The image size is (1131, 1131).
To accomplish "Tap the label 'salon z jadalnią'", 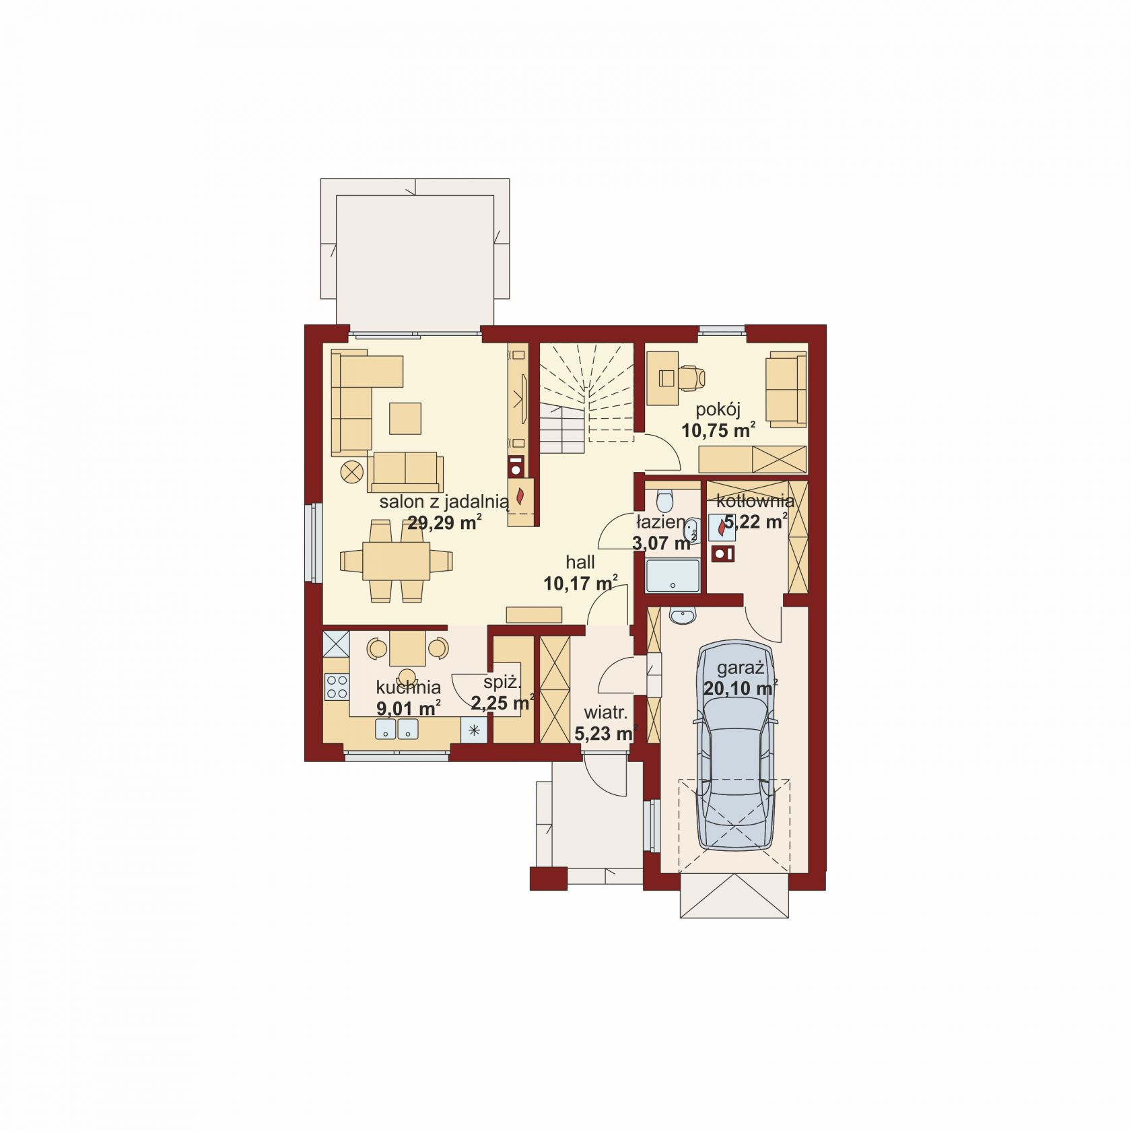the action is (444, 502).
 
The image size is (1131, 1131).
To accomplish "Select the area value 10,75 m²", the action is (718, 430).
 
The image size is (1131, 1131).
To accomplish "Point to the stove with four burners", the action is (337, 686).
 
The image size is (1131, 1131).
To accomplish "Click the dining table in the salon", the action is (396, 561).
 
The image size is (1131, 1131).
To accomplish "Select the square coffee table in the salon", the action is (405, 418).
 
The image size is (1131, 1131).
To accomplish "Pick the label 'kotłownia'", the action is (755, 501).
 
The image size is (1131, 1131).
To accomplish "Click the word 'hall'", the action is (580, 562).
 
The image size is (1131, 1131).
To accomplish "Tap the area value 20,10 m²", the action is (741, 688).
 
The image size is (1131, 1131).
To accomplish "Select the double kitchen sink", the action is (397, 728).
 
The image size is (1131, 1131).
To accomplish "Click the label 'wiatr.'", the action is (606, 712).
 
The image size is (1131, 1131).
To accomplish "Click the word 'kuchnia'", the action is (409, 687).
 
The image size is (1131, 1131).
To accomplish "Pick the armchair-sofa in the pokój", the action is (786, 388).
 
